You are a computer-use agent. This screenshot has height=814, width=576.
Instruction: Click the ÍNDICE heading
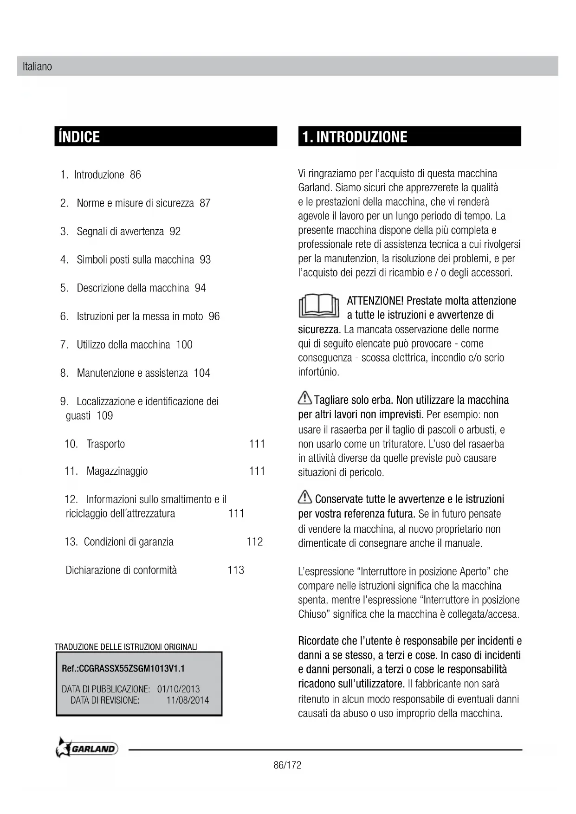click(x=79, y=137)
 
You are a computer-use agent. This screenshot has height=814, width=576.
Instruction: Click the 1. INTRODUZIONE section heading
click(x=355, y=137)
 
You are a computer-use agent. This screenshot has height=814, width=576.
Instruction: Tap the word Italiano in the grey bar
click(x=37, y=67)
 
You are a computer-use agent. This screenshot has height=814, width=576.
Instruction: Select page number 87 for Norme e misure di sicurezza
click(x=205, y=203)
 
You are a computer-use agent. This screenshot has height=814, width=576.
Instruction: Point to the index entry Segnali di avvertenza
click(x=120, y=232)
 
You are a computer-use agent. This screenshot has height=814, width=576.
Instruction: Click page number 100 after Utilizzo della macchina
click(x=184, y=345)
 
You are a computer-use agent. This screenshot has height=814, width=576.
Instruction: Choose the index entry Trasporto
click(x=105, y=444)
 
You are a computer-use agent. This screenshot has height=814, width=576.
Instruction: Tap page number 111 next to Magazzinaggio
click(x=257, y=471)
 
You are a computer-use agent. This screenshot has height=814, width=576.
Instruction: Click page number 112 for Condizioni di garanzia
click(x=254, y=542)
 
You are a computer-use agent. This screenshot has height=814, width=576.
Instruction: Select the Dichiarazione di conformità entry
click(x=121, y=570)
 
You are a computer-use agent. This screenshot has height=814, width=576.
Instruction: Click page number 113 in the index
click(x=236, y=570)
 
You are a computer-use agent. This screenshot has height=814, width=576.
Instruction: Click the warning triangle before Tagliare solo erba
click(x=305, y=398)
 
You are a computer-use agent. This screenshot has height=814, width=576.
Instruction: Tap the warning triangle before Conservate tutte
click(x=305, y=497)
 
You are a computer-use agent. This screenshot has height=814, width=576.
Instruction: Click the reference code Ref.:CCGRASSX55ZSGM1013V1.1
click(x=123, y=669)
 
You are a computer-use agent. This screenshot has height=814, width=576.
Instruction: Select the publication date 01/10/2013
click(x=178, y=690)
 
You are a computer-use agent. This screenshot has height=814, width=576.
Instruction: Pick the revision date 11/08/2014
click(x=188, y=700)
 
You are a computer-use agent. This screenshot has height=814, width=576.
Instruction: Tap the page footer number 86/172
click(x=287, y=765)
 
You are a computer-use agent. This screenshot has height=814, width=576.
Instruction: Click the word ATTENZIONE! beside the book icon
click(x=375, y=301)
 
